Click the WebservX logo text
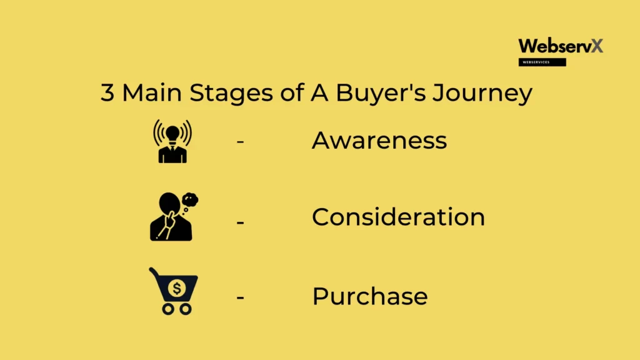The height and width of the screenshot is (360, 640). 561,46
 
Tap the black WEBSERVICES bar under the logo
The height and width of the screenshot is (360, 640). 542,62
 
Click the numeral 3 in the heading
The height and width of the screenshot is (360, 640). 107,92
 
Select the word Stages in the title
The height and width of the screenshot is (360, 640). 231,94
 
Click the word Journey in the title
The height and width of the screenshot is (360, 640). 482,94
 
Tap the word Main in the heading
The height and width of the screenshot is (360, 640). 152,92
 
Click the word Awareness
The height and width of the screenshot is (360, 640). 379,141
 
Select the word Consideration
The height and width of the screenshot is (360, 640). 398,217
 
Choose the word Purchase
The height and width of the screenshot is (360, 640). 370,296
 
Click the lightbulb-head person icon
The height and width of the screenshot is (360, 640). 172,141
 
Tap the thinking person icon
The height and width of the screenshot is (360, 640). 174,216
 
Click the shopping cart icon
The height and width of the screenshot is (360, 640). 174,291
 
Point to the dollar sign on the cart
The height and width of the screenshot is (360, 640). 177,288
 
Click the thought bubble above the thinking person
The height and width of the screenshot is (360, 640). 190,199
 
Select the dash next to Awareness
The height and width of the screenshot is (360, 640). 240,142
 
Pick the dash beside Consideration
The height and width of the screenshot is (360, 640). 240,222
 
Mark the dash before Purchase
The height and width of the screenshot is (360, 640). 240,297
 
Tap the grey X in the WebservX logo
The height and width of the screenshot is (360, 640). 597,46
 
